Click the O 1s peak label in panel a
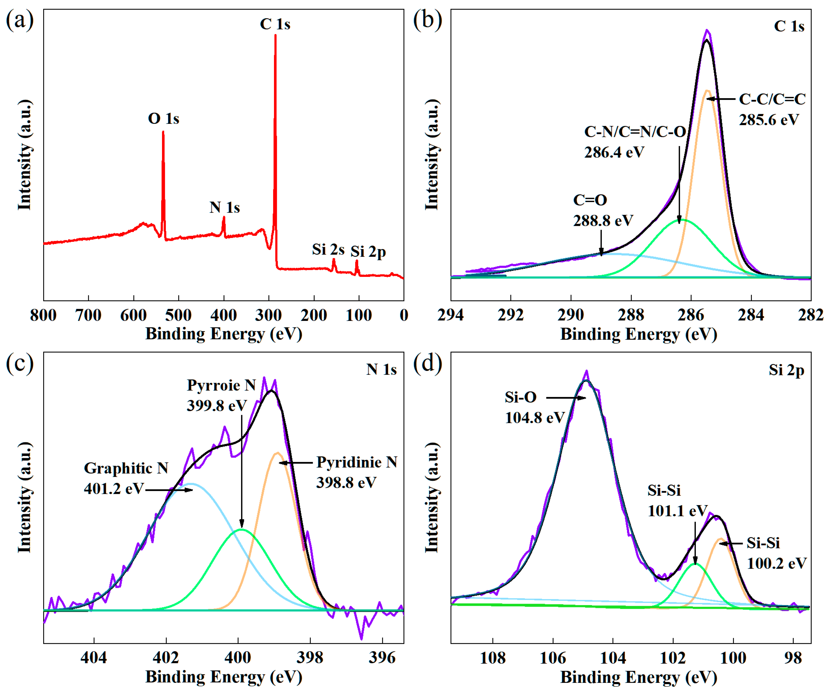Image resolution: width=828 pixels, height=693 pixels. click(163, 119)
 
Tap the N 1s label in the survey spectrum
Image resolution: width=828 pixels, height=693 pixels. click(224, 207)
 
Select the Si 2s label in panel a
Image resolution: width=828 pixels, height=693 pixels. click(328, 249)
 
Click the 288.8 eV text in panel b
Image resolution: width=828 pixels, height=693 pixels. click(603, 221)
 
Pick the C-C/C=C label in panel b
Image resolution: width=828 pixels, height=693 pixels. click(772, 99)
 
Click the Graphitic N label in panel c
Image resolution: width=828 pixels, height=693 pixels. click(126, 468)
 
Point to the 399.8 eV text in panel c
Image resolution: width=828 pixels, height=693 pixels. click(216, 406)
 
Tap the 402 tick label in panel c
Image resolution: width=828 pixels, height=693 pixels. click(166, 657)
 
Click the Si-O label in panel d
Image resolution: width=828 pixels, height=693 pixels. click(521, 397)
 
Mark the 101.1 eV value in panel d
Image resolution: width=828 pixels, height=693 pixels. click(677, 511)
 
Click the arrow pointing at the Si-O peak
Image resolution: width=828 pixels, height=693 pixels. click(566, 398)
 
